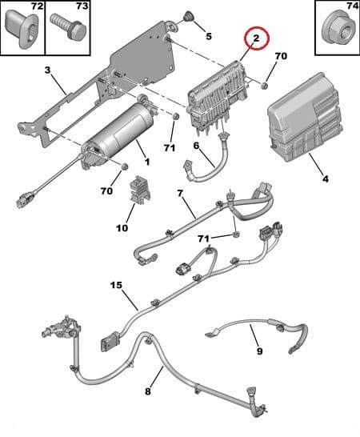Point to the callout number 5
point(208,36)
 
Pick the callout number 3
point(47,70)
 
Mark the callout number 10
point(122,227)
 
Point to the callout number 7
point(180,194)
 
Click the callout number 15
point(116,285)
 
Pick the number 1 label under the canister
point(146,162)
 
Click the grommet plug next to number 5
point(190,17)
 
